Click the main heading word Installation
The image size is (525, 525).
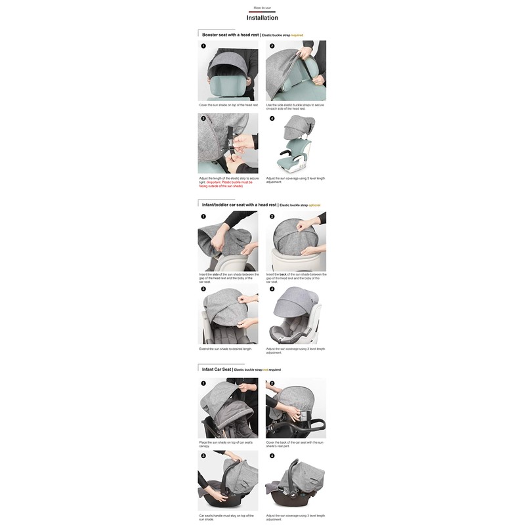(262, 18)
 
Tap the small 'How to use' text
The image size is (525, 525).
(262, 8)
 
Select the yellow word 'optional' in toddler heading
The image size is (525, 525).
(314, 205)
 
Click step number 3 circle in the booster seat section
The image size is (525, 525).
(203, 119)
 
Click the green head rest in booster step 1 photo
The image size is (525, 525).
(228, 85)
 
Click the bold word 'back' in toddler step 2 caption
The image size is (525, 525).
(283, 274)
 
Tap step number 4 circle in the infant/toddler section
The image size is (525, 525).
(272, 289)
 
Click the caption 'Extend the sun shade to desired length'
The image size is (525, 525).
(225, 348)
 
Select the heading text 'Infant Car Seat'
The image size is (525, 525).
(217, 369)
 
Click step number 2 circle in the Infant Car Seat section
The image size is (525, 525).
(272, 383)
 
